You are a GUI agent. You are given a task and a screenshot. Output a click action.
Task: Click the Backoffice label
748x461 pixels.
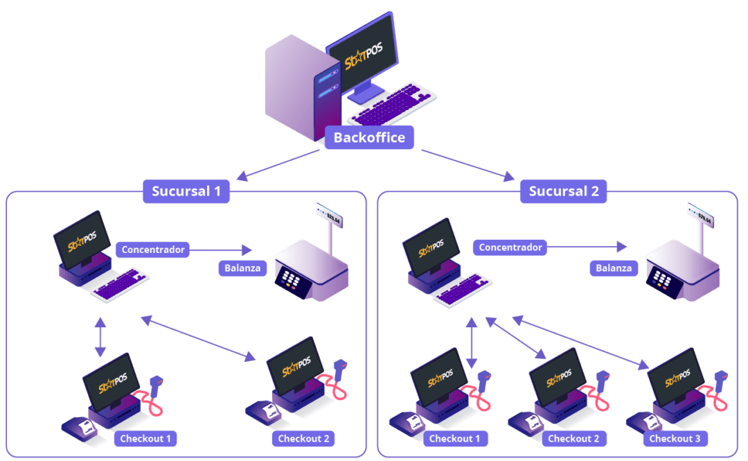point(369,137)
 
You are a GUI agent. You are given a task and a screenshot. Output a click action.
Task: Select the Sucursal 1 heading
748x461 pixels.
point(186,191)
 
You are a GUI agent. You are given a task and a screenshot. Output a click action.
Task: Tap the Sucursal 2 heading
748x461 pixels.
point(563,191)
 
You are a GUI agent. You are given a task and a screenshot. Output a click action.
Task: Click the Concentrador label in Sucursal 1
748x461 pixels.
point(152,249)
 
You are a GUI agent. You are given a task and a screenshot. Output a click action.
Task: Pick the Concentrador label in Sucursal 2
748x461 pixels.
point(510,247)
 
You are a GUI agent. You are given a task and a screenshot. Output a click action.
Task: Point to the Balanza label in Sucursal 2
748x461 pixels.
point(614,268)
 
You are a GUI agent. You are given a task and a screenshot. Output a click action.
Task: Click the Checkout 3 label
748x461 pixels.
point(675,438)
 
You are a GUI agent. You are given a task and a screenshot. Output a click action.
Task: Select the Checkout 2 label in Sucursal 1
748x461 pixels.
point(303,438)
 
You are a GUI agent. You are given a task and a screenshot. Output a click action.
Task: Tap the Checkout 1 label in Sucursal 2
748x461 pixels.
point(454,438)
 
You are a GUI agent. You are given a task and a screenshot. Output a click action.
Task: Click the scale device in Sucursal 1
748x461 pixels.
point(312,270)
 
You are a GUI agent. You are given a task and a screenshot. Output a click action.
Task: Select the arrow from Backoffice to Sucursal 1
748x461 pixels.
point(277,165)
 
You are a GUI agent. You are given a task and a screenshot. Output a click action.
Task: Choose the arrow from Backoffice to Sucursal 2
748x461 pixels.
point(467,165)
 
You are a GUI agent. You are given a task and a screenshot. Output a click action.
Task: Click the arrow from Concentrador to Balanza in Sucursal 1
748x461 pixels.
point(222,250)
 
